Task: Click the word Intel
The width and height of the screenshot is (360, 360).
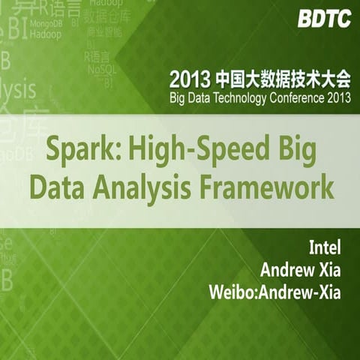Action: click(324, 247)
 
